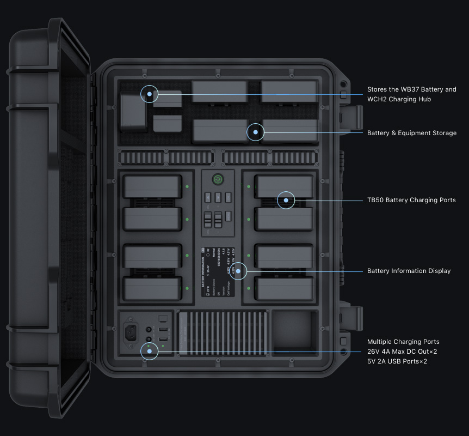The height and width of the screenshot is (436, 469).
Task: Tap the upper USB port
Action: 162,330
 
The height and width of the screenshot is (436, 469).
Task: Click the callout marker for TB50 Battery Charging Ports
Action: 286,200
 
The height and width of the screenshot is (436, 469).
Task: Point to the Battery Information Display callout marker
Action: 238,271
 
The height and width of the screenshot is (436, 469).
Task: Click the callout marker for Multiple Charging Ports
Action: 149,351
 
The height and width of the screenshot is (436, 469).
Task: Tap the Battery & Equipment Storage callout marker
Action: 255,132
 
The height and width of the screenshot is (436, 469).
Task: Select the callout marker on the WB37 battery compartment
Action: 149,94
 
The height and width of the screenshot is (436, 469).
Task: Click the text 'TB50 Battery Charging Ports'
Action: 411,200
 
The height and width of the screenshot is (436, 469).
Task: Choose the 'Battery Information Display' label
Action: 409,271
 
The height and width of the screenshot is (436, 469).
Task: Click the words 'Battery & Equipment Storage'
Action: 411,133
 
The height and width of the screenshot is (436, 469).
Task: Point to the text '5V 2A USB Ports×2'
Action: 397,361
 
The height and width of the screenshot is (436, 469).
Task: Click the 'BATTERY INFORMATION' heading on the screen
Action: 203,273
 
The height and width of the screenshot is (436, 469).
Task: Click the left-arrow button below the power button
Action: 208,198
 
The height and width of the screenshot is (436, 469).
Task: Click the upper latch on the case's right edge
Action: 352,117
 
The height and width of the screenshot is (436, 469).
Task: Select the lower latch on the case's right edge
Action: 352,318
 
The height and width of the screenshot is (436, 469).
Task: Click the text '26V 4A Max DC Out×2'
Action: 402,352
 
